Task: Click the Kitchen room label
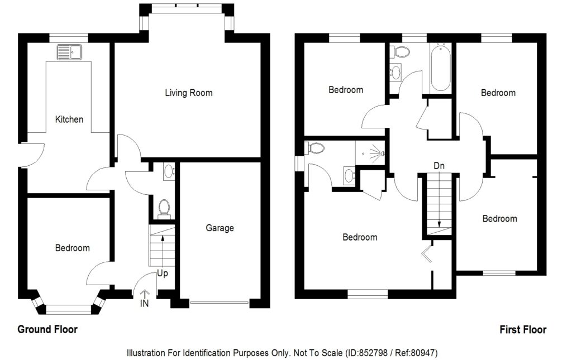click(69, 119)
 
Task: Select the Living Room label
click(188, 93)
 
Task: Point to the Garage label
click(220, 228)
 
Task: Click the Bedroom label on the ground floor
click(72, 248)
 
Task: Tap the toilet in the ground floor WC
click(164, 208)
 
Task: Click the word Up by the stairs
click(162, 274)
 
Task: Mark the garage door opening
click(219, 303)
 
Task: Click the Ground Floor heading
click(47, 329)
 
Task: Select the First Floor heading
click(523, 329)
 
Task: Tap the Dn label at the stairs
click(438, 166)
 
